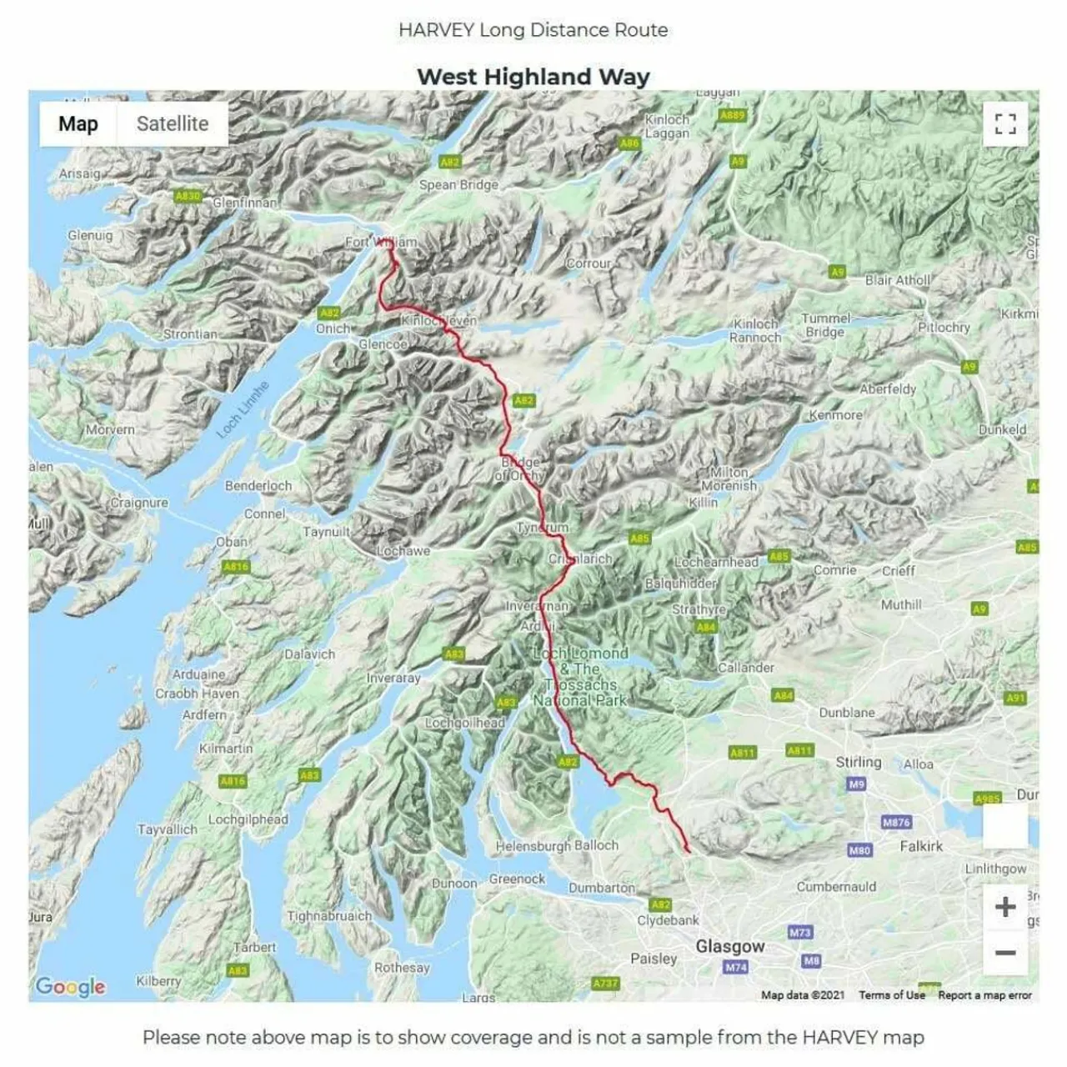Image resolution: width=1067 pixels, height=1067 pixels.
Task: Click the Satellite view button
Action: [x=173, y=124]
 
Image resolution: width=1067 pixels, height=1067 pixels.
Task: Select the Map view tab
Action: [x=78, y=124]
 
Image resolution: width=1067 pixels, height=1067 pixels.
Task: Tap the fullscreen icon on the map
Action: [x=1005, y=124]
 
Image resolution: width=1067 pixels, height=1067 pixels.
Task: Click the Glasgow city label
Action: [x=730, y=946]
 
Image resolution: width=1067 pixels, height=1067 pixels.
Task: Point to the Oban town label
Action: [x=232, y=542]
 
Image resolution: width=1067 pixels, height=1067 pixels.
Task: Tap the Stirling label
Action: [x=858, y=762]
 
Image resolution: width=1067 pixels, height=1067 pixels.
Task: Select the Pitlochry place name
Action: [x=944, y=328]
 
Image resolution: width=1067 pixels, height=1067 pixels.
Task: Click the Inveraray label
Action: [x=393, y=679]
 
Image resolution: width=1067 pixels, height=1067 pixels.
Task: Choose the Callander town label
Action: [x=746, y=668]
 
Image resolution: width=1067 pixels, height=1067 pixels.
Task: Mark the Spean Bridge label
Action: [x=458, y=185]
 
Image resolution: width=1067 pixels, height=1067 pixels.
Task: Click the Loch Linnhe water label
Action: [x=243, y=409]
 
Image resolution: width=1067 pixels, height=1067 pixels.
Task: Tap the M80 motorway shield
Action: [x=859, y=850]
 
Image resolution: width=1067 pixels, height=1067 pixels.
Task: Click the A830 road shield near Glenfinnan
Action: [x=188, y=196]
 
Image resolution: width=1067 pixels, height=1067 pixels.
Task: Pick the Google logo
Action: [x=70, y=987]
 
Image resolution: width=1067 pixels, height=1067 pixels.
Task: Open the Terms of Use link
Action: [x=891, y=994]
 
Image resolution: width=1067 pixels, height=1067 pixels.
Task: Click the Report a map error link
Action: [x=984, y=994]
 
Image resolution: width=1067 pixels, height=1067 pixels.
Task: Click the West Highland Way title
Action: [x=533, y=77]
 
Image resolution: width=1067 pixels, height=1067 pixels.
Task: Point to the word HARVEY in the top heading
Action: [x=435, y=30]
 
